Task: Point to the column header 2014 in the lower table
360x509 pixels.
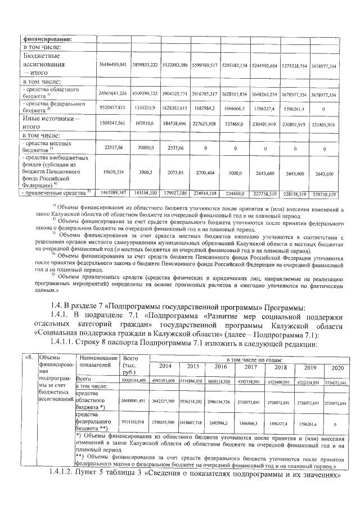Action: (165, 367)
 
